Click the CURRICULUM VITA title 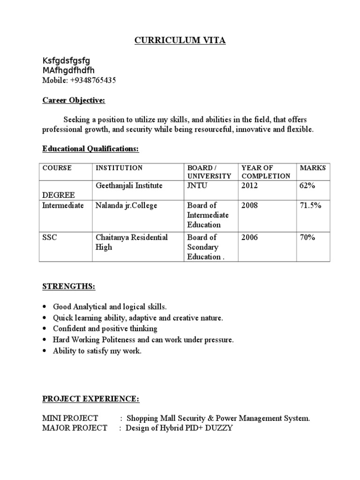coord(180,41)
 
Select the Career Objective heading coord(74,100)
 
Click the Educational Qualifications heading coord(91,149)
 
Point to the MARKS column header coord(313,168)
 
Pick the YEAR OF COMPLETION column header coord(265,172)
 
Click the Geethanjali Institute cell coord(129,186)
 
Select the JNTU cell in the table coord(197,186)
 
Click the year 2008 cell coord(249,205)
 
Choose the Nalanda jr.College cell coord(127,205)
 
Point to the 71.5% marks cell coord(310,205)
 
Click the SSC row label coord(49,237)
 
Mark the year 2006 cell coord(249,237)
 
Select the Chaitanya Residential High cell coord(131,242)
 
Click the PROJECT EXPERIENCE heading coord(90,398)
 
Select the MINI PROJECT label coord(70,418)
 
